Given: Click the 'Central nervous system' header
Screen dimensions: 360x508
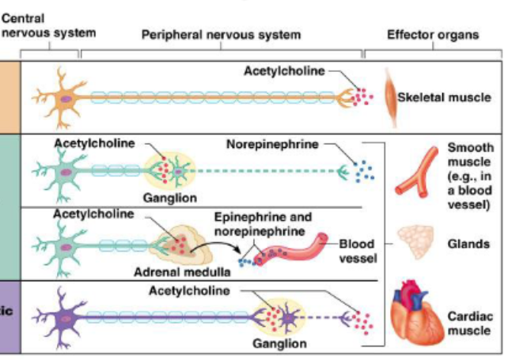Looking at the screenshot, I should click(48, 25).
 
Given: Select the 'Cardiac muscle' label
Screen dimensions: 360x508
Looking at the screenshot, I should click(470, 323).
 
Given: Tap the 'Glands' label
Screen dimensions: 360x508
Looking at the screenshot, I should click(466, 244).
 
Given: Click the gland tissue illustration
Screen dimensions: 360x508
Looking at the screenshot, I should click(415, 242).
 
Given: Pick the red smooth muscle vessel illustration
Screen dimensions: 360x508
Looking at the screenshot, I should click(417, 172).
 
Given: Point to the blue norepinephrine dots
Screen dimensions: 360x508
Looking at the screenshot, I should click(365, 170).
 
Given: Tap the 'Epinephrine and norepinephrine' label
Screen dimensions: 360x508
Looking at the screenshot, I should click(263, 223).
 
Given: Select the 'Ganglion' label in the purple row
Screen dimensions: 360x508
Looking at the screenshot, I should click(279, 344).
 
